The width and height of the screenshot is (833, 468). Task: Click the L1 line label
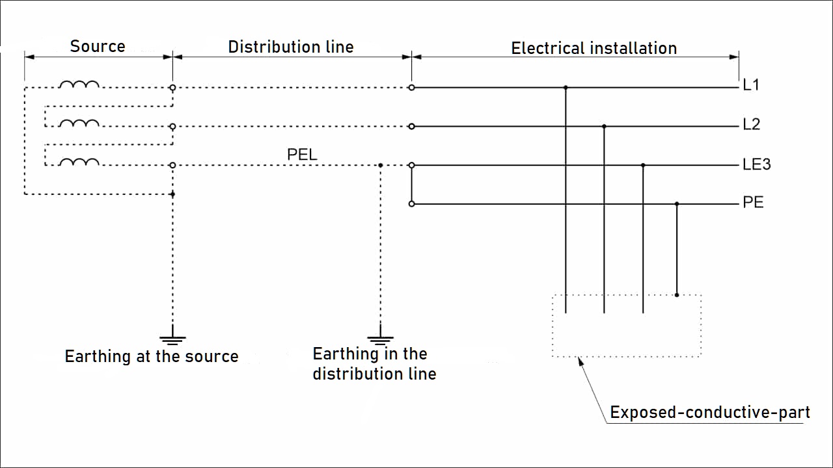click(x=751, y=85)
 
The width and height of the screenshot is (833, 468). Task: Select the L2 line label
click(x=751, y=124)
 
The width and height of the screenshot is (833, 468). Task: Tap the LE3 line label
click(x=756, y=164)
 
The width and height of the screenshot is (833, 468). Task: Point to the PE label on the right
click(x=753, y=203)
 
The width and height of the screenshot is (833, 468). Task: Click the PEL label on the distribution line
click(x=302, y=155)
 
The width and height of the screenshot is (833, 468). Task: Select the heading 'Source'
click(x=98, y=47)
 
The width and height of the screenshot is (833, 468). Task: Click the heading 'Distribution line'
click(x=291, y=47)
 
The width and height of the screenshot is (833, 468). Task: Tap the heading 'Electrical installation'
click(x=594, y=48)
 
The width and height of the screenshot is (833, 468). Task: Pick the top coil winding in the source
click(x=79, y=84)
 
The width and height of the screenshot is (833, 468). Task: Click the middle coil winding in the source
click(x=79, y=123)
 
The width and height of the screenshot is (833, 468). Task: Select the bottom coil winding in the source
click(x=79, y=162)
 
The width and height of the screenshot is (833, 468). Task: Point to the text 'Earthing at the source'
click(x=152, y=356)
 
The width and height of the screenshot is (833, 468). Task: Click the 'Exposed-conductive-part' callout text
click(x=709, y=412)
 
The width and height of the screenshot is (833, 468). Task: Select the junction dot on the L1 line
click(x=566, y=87)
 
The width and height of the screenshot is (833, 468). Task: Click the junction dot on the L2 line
click(x=604, y=126)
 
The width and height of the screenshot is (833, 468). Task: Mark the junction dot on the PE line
click(x=677, y=204)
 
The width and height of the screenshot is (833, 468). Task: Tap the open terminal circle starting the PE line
click(x=411, y=204)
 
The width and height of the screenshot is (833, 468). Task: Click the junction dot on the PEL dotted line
click(x=381, y=165)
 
